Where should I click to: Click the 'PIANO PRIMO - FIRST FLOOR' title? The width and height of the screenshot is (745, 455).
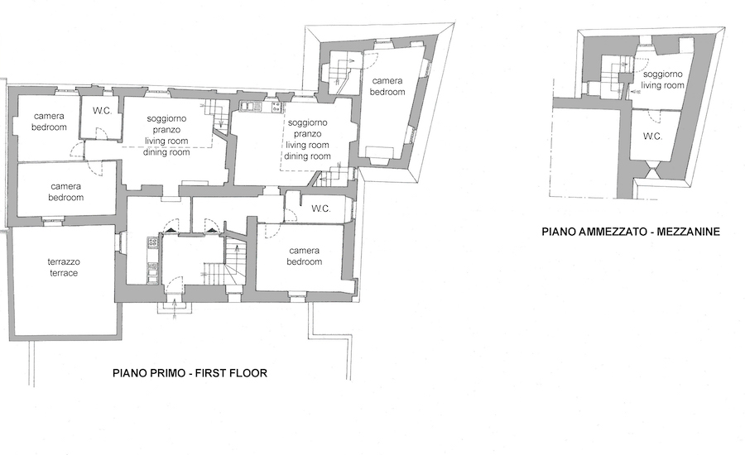[190, 373]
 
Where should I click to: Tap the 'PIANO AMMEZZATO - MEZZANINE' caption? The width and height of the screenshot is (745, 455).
[631, 232]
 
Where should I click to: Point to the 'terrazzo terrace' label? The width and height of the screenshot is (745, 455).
[64, 267]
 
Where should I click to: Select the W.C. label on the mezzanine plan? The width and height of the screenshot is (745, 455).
[652, 136]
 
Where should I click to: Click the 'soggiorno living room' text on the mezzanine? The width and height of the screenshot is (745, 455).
[663, 79]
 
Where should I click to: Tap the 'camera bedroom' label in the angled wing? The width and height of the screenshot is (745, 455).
[387, 86]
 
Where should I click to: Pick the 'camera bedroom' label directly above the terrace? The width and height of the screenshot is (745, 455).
[66, 192]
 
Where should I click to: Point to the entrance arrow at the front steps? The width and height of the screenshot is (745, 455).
[175, 305]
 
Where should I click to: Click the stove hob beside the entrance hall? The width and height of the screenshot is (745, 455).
[153, 243]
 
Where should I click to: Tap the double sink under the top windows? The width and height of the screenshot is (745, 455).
[251, 107]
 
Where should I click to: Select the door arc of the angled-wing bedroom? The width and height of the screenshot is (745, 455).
[371, 59]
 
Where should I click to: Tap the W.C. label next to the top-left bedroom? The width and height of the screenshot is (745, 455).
[102, 111]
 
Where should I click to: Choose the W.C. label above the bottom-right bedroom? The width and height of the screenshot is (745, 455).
[320, 208]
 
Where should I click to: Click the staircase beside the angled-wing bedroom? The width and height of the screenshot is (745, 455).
[340, 73]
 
